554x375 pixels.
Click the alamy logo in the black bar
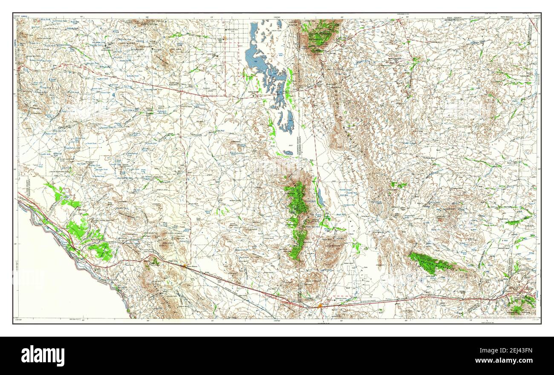[43, 356]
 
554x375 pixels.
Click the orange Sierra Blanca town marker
[184, 266]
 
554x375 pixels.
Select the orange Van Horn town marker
[320, 305]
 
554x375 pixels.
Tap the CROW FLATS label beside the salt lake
[277, 31]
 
